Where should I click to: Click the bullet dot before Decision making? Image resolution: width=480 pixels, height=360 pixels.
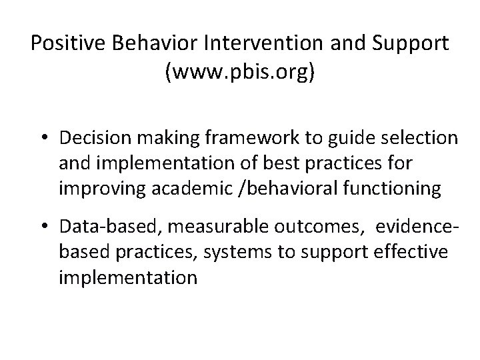[47, 138]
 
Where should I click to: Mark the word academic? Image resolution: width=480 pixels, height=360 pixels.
[191, 189]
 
